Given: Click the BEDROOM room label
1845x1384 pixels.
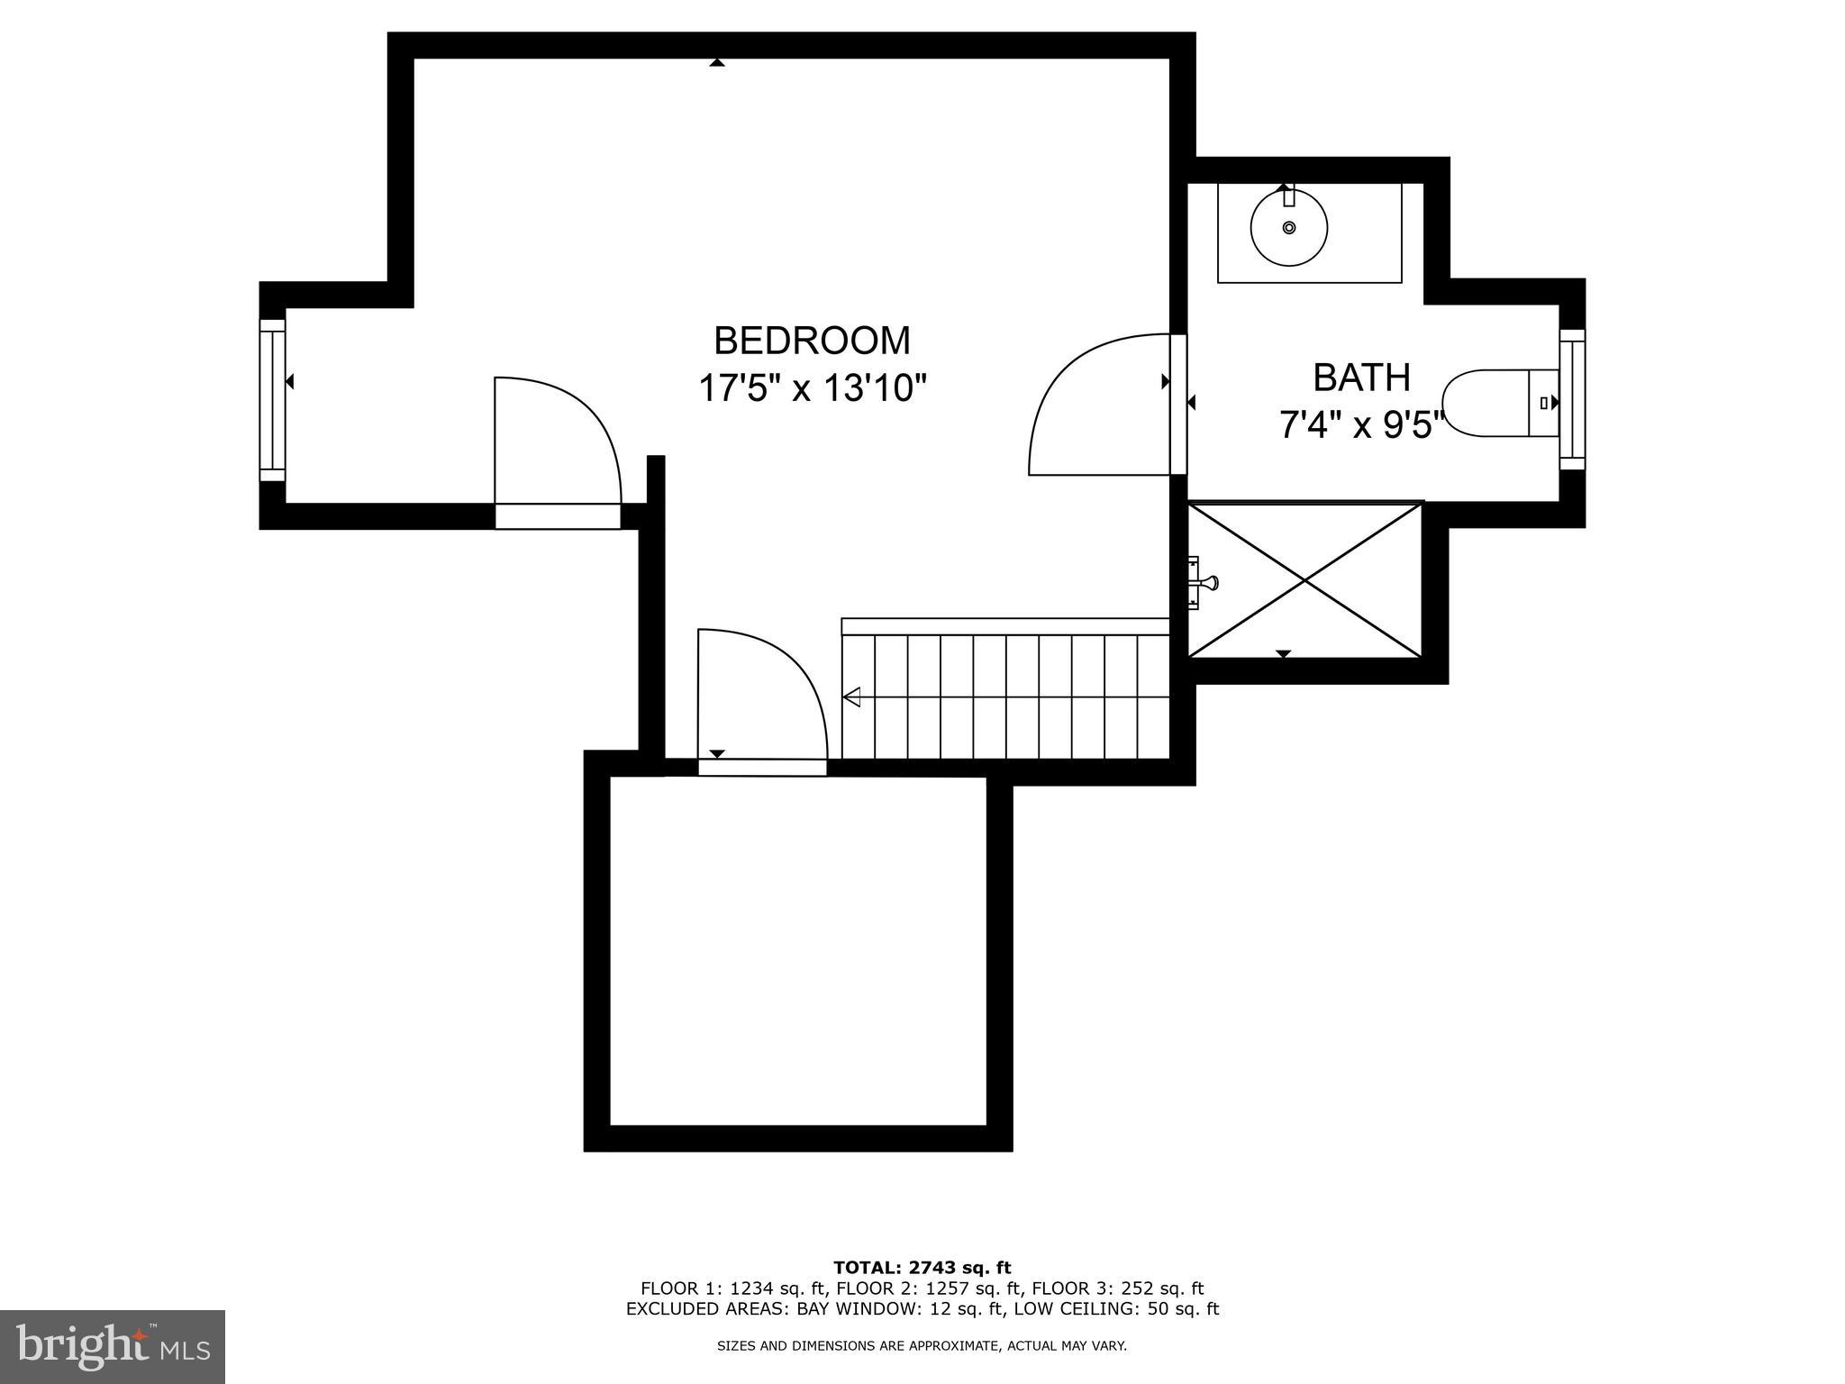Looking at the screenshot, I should (x=812, y=341).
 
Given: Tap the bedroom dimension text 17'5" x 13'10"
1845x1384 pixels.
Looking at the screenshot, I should (x=812, y=389).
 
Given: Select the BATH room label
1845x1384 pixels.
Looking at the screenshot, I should (x=1360, y=378).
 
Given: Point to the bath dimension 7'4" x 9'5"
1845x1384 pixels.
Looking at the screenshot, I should (x=1360, y=424).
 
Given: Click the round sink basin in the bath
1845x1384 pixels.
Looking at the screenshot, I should (x=1289, y=227).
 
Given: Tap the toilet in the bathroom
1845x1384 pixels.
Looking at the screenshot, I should (x=1495, y=403).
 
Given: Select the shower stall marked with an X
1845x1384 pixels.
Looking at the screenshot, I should (x=1304, y=580).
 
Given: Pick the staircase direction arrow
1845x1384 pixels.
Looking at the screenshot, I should (x=851, y=697).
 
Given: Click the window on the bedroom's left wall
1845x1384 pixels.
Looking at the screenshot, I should (x=272, y=400).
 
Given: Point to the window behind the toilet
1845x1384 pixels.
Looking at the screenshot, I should (x=1572, y=399).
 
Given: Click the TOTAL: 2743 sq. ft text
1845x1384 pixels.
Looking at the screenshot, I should (x=922, y=1269).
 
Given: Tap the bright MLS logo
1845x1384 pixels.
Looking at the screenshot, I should (x=112, y=1346).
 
